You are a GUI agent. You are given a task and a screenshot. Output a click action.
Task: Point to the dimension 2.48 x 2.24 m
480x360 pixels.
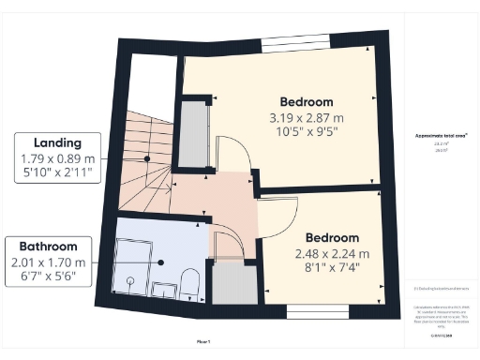coord(333,254)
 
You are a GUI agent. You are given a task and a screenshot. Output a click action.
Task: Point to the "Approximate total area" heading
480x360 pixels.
coord(442,135)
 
